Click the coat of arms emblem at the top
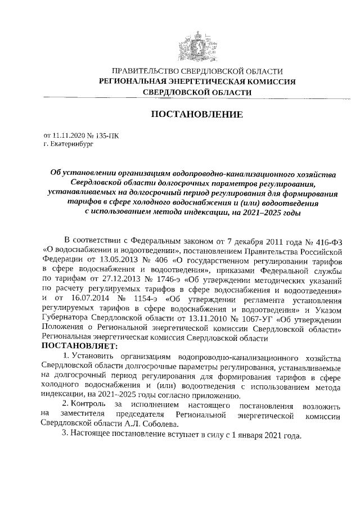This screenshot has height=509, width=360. (196, 44)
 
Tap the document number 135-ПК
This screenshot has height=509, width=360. (107, 136)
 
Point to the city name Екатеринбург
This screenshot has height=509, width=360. (69, 144)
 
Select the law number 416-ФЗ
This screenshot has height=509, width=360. (331, 241)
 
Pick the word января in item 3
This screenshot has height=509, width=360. (250, 436)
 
